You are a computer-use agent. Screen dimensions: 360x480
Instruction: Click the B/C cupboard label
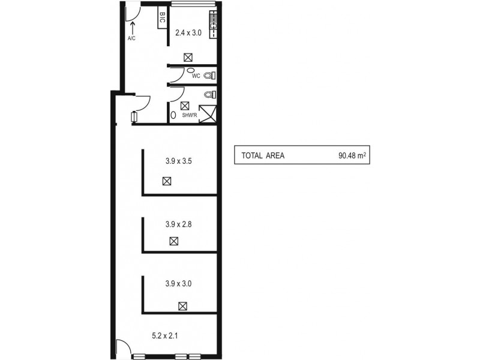[162, 19]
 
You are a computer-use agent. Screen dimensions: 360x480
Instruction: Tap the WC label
[196, 76]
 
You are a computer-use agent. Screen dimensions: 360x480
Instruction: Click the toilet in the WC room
[208, 76]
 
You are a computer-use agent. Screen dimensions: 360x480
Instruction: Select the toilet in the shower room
[208, 95]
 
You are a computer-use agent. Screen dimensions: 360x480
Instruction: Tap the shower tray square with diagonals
[207, 113]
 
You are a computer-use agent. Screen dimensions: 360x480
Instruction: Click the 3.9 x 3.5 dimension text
[178, 161]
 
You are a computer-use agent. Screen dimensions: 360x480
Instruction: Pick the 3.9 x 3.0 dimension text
[178, 283]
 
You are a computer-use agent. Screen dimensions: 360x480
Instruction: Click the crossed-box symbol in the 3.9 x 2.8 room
[173, 241]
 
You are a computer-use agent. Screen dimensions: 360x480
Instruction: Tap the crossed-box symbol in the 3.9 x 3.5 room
[166, 181]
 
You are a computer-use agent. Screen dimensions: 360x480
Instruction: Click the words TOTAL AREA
[263, 155]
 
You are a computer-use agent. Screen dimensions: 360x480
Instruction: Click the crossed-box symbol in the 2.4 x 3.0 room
[188, 58]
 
